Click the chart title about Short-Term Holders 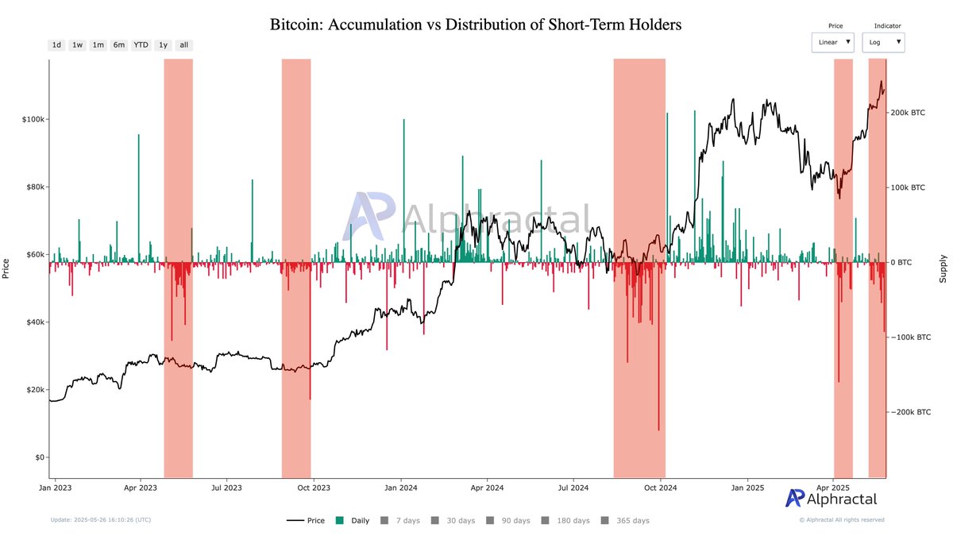tap(476, 25)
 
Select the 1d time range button tap(56, 45)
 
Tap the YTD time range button tap(141, 45)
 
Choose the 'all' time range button tap(183, 45)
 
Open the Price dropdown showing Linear tap(832, 42)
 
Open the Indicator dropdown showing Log tap(882, 42)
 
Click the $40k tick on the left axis tap(33, 322)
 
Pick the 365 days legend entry tap(626, 521)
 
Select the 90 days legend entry tap(509, 521)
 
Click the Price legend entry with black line tap(306, 521)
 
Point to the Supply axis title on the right tap(943, 268)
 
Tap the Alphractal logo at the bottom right tap(831, 499)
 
